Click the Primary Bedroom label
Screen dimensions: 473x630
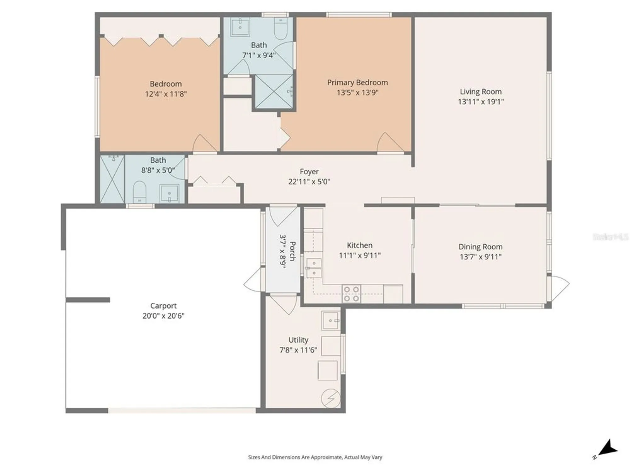pos(357,83)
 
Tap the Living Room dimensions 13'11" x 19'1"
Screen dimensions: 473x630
pos(481,102)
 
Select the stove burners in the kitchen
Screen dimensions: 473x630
pos(351,294)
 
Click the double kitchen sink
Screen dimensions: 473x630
pos(314,268)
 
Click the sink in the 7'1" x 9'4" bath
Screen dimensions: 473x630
pos(240,27)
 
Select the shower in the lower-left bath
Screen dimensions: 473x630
pos(112,179)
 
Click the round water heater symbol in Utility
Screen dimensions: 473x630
pos(330,399)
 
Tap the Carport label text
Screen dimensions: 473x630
pos(163,306)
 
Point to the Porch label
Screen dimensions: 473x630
pos(292,251)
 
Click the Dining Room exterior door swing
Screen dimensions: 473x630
pos(559,287)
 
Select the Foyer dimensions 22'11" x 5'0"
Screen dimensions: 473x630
pos(309,182)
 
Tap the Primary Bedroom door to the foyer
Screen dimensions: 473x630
pos(390,143)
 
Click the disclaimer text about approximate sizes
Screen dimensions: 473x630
pos(315,457)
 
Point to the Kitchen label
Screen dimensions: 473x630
pos(359,245)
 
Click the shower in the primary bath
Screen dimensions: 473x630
pos(273,91)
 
